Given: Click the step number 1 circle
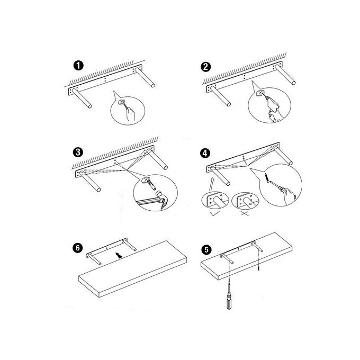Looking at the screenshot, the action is click(x=78, y=66).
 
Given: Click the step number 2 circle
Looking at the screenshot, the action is click(x=205, y=67).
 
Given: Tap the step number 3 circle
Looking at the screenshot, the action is click(x=78, y=152).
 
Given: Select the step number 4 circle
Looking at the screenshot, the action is click(x=205, y=153).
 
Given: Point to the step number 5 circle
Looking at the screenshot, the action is click(x=206, y=249).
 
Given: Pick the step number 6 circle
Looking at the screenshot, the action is click(x=78, y=248).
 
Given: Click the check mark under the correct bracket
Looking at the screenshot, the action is click(x=215, y=213).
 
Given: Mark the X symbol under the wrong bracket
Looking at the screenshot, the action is click(x=245, y=214).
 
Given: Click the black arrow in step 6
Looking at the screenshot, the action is click(x=119, y=255).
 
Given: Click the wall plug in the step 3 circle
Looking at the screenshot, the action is click(x=151, y=184).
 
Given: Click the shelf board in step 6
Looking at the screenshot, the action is click(x=132, y=269).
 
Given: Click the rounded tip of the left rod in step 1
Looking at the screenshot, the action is click(x=90, y=106).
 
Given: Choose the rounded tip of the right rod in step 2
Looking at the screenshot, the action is click(x=293, y=83).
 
